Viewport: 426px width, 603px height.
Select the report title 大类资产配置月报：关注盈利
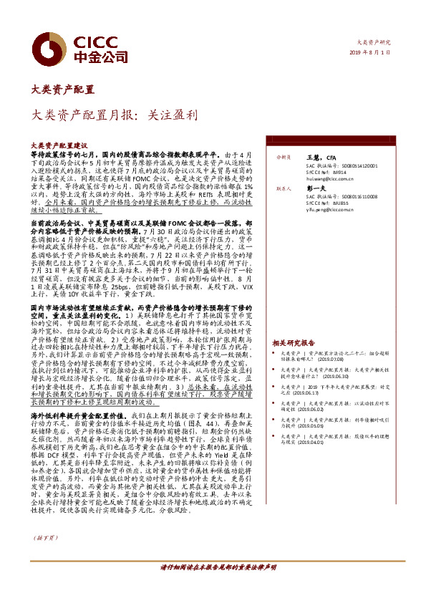click(114, 113)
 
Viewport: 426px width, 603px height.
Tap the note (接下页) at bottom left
click(44, 557)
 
